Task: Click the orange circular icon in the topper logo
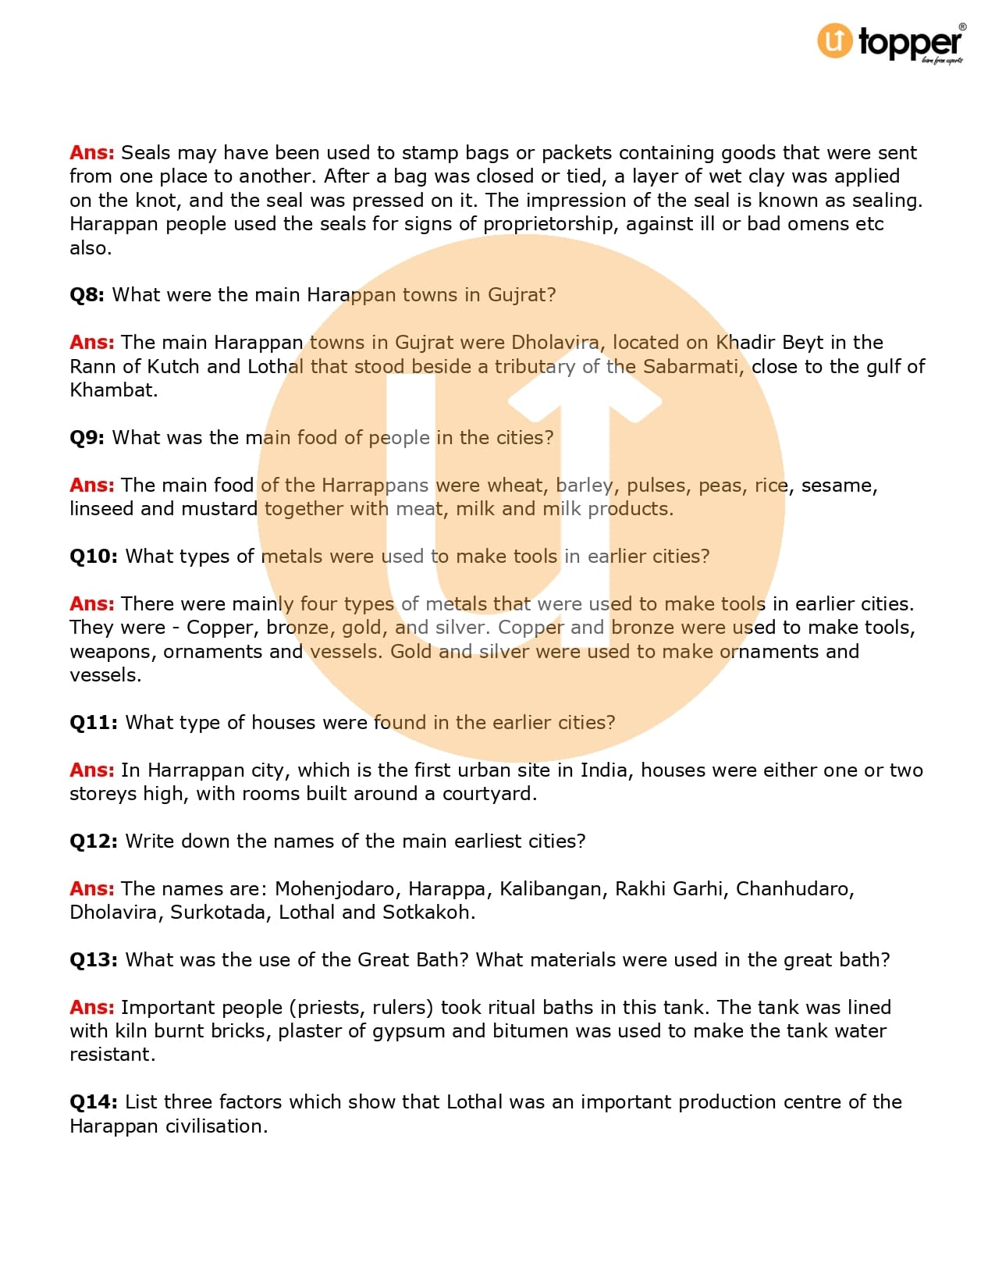click(834, 41)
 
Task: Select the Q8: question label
click(87, 295)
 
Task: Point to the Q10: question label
click(94, 557)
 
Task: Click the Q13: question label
click(94, 960)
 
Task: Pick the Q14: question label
click(94, 1102)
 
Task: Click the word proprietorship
click(550, 225)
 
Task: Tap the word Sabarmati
click(692, 367)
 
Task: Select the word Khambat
click(113, 390)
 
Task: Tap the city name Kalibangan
click(553, 889)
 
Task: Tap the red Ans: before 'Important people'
click(92, 1008)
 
